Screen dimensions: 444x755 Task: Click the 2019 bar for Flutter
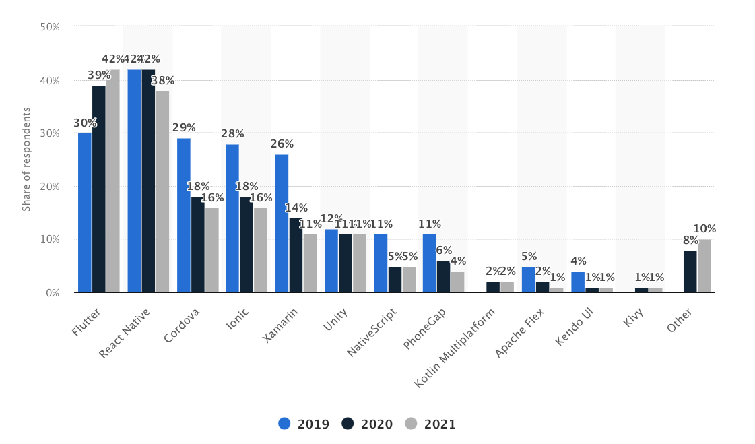[x=84, y=212]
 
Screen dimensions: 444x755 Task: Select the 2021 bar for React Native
[x=162, y=191]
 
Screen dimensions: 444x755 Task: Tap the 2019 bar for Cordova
[x=183, y=215]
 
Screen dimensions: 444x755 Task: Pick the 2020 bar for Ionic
[x=247, y=245]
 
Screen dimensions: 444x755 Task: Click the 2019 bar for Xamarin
[x=282, y=223]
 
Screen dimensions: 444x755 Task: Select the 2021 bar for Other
[x=704, y=265]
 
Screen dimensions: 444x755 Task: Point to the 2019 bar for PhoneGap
[x=430, y=263]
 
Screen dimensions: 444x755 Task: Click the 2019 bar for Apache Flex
[x=528, y=279]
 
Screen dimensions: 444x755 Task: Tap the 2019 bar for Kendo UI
[x=578, y=282]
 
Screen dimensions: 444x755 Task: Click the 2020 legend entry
[x=366, y=424]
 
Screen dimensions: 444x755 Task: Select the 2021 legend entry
[x=430, y=424]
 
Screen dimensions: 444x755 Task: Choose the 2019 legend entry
[x=303, y=424]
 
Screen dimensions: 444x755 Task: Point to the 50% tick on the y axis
[x=50, y=27]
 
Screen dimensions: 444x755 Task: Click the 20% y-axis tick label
[x=50, y=187]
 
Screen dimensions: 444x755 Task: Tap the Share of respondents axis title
[x=27, y=159]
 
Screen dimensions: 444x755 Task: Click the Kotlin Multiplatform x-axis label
[x=455, y=348]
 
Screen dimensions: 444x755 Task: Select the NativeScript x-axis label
[x=372, y=332]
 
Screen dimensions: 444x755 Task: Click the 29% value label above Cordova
[x=184, y=128]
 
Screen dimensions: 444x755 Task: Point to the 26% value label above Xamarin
[x=282, y=144]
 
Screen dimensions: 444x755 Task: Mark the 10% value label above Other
[x=704, y=229]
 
